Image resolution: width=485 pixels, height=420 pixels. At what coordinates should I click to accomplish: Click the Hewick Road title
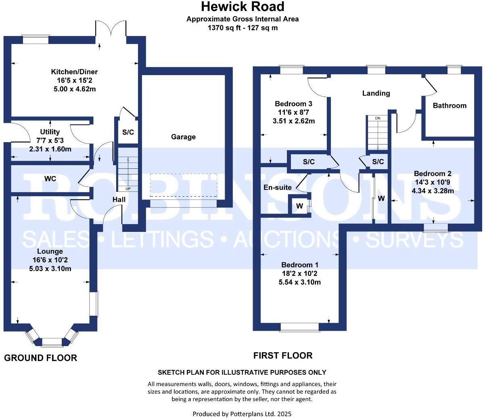click(242, 7)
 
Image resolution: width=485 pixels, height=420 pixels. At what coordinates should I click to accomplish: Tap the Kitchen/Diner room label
click(74, 72)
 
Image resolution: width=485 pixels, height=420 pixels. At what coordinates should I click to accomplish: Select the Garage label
click(183, 137)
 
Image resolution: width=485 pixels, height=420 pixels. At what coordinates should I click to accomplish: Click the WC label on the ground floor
click(50, 178)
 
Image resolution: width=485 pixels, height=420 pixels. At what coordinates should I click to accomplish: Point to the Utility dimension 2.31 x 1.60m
click(50, 149)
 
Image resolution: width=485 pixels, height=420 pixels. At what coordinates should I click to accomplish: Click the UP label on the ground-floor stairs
click(128, 189)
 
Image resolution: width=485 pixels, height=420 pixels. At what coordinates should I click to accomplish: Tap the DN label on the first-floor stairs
click(378, 118)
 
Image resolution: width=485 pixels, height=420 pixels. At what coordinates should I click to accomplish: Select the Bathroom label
click(449, 105)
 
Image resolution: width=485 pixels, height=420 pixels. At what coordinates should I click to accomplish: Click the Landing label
click(376, 93)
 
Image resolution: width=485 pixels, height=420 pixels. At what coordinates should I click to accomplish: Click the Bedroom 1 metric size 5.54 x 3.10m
click(300, 282)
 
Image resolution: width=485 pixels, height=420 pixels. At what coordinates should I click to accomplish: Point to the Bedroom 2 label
click(433, 174)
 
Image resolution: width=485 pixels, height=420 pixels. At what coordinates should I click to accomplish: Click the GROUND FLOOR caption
click(40, 358)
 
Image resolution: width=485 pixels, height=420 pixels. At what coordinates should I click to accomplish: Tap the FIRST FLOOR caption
click(283, 355)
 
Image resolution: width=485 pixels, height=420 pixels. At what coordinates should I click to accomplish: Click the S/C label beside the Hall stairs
click(128, 132)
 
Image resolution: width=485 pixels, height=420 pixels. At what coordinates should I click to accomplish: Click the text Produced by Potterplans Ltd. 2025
click(242, 414)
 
